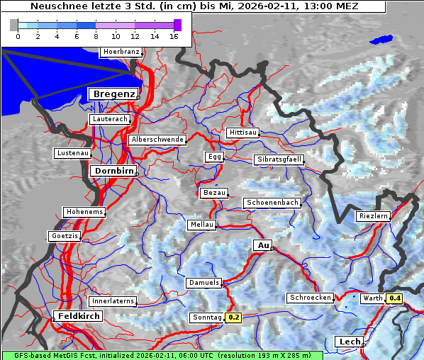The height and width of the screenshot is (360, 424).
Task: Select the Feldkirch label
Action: (x=79, y=316)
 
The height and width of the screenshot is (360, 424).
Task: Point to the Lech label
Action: (x=350, y=342)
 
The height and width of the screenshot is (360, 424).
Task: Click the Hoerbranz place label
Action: (x=121, y=52)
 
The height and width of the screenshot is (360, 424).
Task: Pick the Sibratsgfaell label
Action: (x=279, y=159)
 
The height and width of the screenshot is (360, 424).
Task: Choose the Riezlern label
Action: (x=373, y=216)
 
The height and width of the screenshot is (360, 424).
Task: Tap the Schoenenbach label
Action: (x=272, y=203)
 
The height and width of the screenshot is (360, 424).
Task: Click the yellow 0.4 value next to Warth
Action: (x=395, y=298)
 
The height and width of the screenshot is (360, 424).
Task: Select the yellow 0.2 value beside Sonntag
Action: (x=234, y=317)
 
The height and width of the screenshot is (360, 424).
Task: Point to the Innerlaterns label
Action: (x=113, y=301)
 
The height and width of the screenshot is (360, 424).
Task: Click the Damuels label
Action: (x=203, y=283)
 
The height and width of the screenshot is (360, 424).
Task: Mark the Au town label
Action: (x=263, y=245)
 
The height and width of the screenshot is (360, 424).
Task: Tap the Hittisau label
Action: (x=243, y=133)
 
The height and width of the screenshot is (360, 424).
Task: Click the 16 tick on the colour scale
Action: (x=174, y=36)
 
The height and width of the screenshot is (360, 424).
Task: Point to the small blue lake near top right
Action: (x=381, y=40)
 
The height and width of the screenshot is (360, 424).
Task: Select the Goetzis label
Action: (x=64, y=236)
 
